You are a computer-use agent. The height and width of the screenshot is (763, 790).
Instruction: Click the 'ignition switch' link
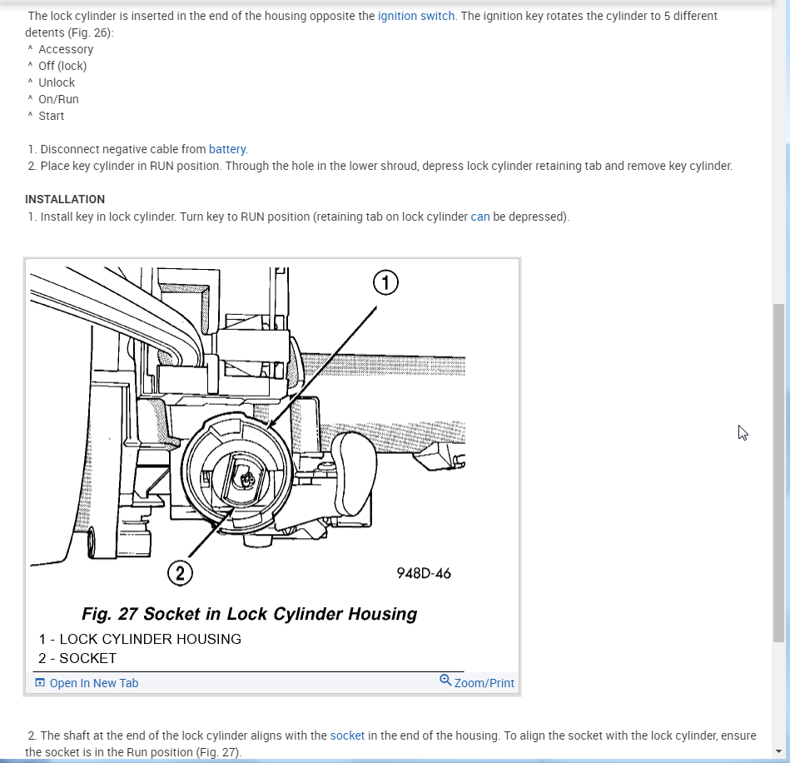[416, 16]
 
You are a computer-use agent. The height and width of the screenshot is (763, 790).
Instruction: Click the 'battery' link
[227, 149]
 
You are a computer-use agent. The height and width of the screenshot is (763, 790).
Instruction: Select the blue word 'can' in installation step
[480, 217]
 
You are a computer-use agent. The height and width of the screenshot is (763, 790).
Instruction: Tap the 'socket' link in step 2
[347, 736]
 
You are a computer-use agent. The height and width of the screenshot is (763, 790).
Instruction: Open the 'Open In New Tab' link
[93, 683]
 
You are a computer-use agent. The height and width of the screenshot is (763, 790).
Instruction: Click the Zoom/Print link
[484, 683]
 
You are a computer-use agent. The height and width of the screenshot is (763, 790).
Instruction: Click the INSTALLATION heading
[65, 199]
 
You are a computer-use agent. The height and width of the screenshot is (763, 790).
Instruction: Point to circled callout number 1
[385, 283]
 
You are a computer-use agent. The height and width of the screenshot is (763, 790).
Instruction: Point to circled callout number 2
[180, 572]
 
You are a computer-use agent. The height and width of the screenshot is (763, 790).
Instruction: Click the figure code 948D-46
[424, 573]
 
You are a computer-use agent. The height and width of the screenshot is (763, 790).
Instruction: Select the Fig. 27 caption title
[249, 614]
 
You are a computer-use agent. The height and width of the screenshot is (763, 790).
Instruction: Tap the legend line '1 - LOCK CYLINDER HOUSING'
[140, 639]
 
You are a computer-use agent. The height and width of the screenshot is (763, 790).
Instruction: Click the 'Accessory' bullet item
[66, 49]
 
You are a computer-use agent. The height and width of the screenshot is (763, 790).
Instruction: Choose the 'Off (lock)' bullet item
[62, 66]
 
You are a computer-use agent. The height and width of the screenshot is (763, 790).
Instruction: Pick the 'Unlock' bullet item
[57, 82]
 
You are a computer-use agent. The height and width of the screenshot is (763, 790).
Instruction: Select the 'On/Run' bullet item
[58, 99]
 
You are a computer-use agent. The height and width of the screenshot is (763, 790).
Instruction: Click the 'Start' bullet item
[51, 116]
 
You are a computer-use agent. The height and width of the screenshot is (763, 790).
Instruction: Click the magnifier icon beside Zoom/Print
[445, 681]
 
